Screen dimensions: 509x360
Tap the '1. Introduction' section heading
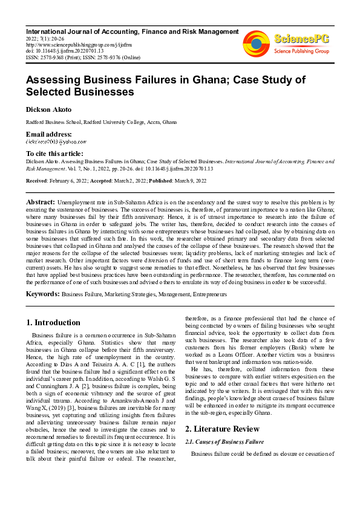point(53,323)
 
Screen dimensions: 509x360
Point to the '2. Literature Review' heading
point(223,412)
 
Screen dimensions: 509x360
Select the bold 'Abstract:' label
point(41,201)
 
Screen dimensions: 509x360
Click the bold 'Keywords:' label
point(42,294)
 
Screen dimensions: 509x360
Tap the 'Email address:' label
point(48,134)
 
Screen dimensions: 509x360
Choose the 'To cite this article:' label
point(54,154)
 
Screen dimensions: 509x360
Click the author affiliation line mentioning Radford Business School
point(101,122)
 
